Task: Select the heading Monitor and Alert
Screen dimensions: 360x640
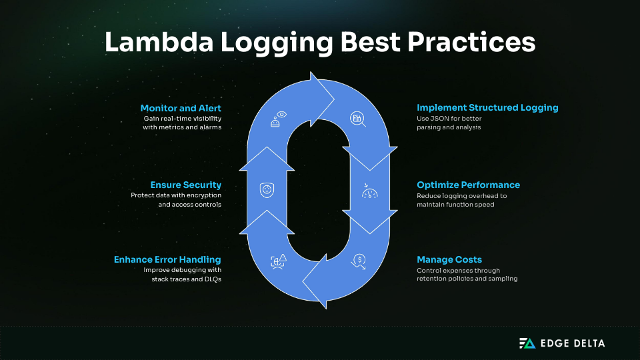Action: [181, 108]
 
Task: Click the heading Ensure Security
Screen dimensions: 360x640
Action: [185, 185]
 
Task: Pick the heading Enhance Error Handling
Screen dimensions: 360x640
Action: [167, 259]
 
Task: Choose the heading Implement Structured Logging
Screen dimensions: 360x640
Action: [487, 107]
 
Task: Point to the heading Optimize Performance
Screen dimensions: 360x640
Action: [468, 185]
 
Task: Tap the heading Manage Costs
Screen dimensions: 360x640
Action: [449, 259]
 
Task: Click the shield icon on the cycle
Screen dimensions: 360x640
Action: [267, 190]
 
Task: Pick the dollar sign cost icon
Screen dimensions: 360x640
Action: [359, 261]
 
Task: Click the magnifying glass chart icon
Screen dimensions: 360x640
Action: [357, 119]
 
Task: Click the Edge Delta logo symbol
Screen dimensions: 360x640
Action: [527, 343]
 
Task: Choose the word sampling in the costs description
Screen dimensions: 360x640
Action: [501, 279]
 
